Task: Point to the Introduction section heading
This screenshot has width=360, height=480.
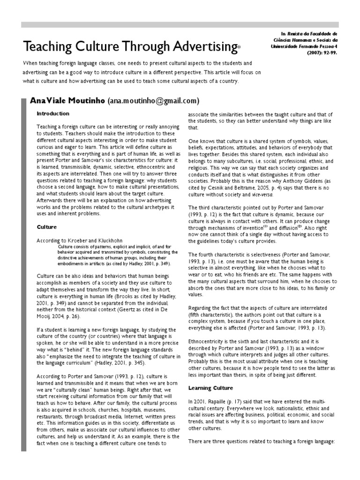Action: coord(53,113)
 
